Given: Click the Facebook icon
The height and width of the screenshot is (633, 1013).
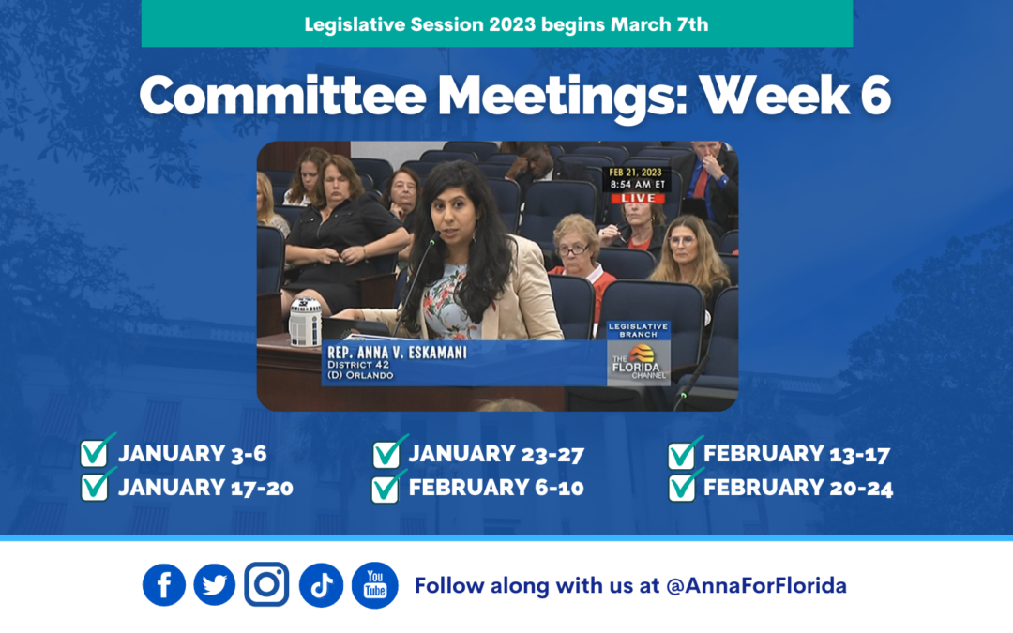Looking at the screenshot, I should point(164,585).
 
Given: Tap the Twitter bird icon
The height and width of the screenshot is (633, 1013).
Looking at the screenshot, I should point(215,585).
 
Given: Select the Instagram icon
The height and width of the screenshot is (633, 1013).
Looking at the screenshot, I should point(266,584).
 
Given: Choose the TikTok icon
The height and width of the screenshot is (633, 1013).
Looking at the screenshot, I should point(321,585).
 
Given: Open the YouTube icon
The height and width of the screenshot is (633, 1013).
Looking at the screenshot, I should point(374,585).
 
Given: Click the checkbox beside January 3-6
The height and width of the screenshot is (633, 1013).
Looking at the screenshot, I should point(94,454).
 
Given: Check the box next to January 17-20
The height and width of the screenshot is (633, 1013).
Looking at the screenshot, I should point(94,487).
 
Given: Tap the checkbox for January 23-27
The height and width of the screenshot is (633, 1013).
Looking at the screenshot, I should point(386,454).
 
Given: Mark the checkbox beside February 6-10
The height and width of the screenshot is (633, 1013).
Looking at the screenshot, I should point(386,488).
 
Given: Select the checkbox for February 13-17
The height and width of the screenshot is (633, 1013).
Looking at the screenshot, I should point(682,455).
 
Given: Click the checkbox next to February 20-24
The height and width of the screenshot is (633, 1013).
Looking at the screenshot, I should point(682,488).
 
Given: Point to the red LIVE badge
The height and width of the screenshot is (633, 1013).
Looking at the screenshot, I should point(638,199).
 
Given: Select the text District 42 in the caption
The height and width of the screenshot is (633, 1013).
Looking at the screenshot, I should point(357,365).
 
